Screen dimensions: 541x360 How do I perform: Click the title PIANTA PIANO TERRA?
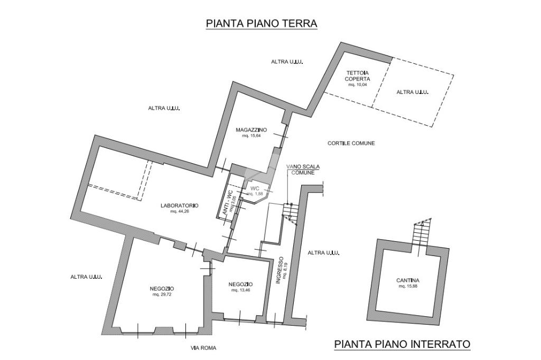(x=262, y=23)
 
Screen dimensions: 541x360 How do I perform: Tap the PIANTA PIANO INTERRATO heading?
(x=402, y=344)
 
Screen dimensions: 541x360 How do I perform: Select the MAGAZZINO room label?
(x=251, y=130)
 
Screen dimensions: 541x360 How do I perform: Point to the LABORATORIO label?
(x=180, y=205)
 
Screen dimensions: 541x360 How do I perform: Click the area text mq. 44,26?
(x=180, y=211)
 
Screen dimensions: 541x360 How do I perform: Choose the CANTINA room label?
(x=408, y=280)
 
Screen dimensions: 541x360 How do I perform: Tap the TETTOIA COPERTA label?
(x=358, y=75)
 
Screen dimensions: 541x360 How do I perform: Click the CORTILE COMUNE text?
(x=351, y=143)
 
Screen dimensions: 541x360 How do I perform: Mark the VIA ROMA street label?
(x=203, y=348)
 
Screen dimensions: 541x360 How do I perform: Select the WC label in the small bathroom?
(x=255, y=188)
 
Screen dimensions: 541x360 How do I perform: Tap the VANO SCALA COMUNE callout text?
(x=303, y=169)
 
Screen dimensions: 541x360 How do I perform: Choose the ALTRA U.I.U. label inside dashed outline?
(x=412, y=92)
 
